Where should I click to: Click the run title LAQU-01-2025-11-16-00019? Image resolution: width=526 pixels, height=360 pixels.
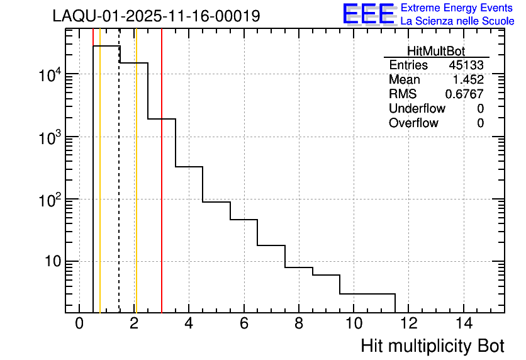tap(156, 16)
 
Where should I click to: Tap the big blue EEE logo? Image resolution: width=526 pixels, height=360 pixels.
tap(368, 14)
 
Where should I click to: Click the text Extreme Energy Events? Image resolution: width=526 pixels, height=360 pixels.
tap(457, 8)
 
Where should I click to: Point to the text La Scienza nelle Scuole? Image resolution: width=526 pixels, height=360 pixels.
tap(457, 21)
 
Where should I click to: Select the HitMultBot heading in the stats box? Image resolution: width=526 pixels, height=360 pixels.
tap(436, 52)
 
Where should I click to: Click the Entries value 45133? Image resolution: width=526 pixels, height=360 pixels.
tap(466, 65)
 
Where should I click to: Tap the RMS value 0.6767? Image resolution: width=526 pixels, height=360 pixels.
tap(464, 94)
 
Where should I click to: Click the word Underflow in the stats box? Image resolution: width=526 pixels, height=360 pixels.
tap(417, 108)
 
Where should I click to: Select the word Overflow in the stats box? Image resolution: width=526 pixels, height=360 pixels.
tap(413, 123)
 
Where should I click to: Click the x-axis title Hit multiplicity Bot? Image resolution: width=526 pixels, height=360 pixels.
tap(432, 346)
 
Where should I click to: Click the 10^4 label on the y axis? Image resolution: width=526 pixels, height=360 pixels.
tap(49, 75)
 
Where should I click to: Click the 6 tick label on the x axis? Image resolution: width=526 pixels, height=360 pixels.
tap(243, 323)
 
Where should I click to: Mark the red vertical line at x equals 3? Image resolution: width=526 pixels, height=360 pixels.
tap(162, 189)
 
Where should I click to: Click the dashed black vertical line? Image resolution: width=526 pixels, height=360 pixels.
tap(120, 189)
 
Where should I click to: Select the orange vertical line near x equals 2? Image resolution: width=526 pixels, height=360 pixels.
tap(136, 189)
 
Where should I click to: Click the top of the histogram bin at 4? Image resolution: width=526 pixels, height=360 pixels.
tap(189, 167)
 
